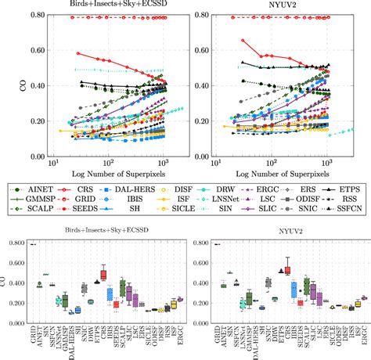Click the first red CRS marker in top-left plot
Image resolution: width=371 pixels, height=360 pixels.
tap(79, 53)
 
